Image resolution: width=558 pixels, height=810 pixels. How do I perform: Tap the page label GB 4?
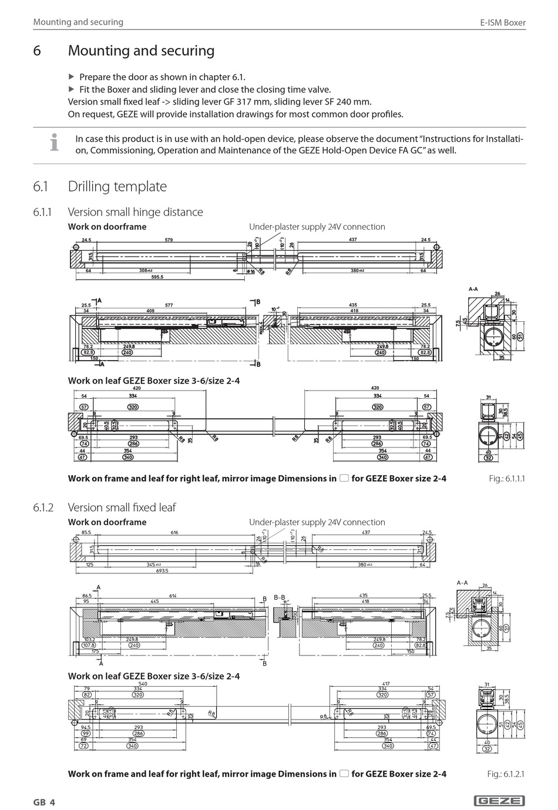[44, 802]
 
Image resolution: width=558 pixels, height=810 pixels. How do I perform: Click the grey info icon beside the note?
[54, 143]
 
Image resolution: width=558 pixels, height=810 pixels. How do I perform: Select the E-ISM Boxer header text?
[503, 23]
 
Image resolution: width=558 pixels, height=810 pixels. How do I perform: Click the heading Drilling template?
[117, 186]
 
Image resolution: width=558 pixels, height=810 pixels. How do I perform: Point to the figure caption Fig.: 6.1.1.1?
[506, 479]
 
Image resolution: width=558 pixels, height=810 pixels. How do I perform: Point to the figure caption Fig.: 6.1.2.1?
[506, 774]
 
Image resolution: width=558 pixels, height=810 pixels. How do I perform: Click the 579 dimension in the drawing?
[169, 240]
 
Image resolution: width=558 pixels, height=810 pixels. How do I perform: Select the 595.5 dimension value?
[157, 277]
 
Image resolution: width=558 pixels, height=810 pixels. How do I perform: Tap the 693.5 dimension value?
[162, 570]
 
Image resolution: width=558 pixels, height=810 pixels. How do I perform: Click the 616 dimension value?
[174, 532]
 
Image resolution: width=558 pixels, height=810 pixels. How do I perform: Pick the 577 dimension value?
[169, 305]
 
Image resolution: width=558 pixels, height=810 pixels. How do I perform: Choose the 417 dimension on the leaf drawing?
[385, 684]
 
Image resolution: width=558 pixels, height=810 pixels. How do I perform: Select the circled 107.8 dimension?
[89, 645]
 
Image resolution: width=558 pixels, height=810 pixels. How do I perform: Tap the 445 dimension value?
[154, 601]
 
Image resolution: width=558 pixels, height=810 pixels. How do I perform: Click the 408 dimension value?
[150, 310]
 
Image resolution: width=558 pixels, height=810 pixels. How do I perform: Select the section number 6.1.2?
[43, 507]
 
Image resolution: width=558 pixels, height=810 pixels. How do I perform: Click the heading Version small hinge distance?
[135, 212]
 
